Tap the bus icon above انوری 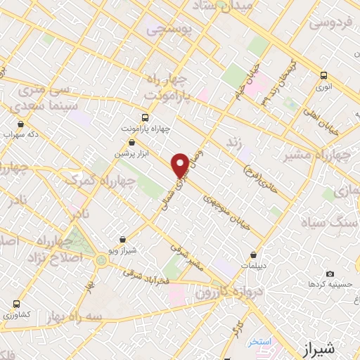[x=323, y=75]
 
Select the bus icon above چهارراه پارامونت [x=145, y=117]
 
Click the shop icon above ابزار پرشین [x=132, y=143]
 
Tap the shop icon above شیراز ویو [x=124, y=240]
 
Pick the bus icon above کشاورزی [x=16, y=304]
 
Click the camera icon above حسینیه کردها [x=330, y=274]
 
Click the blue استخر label [x=259, y=342]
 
